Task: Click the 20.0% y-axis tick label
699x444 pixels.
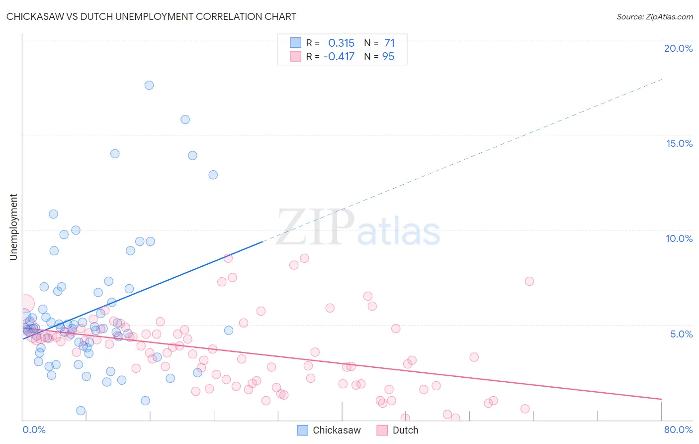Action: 678,48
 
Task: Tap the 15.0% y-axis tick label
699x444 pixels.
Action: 679,143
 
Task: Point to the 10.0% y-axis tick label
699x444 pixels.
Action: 679,238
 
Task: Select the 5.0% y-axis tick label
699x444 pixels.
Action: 681,334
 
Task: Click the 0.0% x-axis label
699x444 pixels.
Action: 34,430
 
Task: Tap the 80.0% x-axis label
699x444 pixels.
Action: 678,430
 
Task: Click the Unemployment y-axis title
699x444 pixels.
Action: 13,227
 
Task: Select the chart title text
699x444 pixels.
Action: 151,16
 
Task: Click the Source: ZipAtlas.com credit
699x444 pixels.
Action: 654,16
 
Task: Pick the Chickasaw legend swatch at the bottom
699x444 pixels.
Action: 303,430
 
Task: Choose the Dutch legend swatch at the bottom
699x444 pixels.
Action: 382,430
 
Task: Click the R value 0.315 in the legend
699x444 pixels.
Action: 341,43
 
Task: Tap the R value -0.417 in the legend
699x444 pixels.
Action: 339,56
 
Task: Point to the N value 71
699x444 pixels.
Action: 389,43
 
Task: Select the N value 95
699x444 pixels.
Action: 388,56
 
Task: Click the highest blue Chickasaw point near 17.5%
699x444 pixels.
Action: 149,85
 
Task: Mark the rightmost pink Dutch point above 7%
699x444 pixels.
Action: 529,281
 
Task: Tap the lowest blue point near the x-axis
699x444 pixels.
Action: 81,411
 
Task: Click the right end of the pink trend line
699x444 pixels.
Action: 661,399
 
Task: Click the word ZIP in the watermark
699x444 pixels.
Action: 315,227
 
